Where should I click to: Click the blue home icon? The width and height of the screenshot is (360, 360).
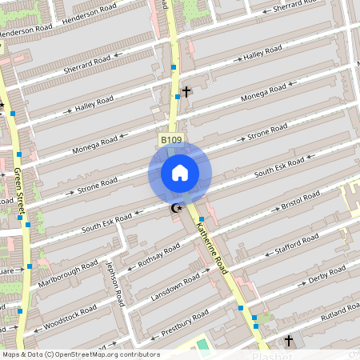(179, 173)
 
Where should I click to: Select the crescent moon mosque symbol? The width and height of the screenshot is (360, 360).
(176, 209)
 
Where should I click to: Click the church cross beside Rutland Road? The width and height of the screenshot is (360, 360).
(288, 341)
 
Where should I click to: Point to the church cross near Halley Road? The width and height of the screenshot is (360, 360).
(186, 92)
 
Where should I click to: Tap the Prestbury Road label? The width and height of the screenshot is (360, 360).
(183, 320)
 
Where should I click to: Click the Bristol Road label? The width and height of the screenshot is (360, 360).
(301, 200)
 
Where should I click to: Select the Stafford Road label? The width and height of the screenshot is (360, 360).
(302, 242)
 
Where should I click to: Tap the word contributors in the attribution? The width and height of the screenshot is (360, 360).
(139, 354)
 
